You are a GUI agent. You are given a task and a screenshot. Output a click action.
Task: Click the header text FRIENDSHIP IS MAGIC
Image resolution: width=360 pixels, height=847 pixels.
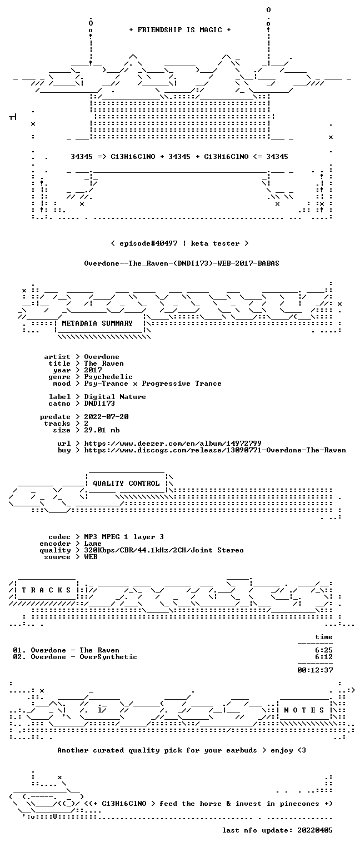[179, 30]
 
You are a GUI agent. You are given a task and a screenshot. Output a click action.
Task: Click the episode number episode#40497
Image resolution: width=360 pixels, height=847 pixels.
[149, 243]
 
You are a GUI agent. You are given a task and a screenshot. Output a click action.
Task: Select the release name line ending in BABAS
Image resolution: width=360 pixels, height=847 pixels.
[182, 263]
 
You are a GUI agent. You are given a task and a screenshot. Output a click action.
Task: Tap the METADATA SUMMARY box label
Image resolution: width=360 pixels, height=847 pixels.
[97, 323]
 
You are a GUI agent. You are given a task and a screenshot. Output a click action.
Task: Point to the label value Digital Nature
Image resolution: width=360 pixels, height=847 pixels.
[115, 397]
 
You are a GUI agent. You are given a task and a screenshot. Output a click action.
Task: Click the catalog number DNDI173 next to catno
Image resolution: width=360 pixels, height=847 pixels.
[99, 403]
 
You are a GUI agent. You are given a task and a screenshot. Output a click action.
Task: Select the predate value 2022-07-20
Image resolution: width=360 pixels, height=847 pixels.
[106, 417]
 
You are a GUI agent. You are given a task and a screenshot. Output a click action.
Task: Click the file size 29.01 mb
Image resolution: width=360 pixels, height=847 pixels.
[102, 430]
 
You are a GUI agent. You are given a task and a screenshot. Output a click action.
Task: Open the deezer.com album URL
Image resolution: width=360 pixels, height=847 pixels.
[173, 443]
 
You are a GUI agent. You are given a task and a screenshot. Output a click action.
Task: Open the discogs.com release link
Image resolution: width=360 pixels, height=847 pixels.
[215, 450]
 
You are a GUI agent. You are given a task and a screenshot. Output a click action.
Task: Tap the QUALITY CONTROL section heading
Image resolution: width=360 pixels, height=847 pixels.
[126, 483]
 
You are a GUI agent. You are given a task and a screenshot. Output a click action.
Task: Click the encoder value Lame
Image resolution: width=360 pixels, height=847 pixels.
[93, 544]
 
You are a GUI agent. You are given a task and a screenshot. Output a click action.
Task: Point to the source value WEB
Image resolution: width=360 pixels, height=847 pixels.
[91, 557]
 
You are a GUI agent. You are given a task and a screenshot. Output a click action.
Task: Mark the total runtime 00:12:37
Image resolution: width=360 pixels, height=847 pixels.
[315, 670]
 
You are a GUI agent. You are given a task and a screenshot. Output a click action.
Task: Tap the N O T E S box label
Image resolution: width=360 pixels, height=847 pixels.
[304, 710]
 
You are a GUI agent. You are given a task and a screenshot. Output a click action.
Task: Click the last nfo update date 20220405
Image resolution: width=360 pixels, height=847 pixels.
[315, 830]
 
